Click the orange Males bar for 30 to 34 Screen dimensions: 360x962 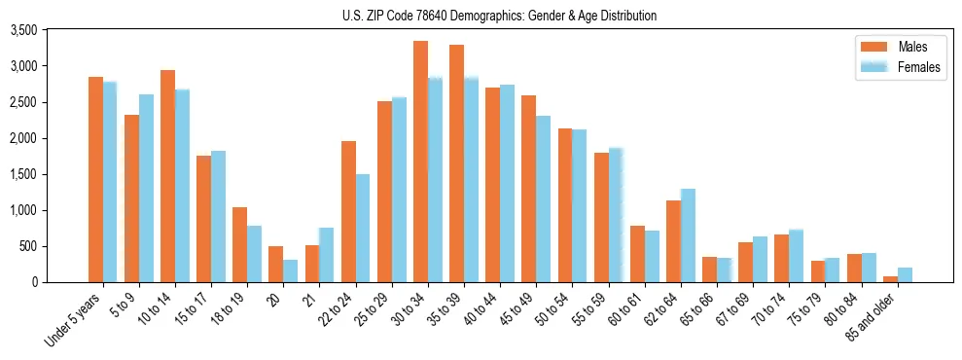click(420, 162)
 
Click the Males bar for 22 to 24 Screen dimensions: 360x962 click(348, 211)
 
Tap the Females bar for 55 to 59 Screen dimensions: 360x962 click(616, 215)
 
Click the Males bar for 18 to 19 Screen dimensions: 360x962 click(239, 244)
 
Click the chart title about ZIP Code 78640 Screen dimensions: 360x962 click(499, 16)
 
